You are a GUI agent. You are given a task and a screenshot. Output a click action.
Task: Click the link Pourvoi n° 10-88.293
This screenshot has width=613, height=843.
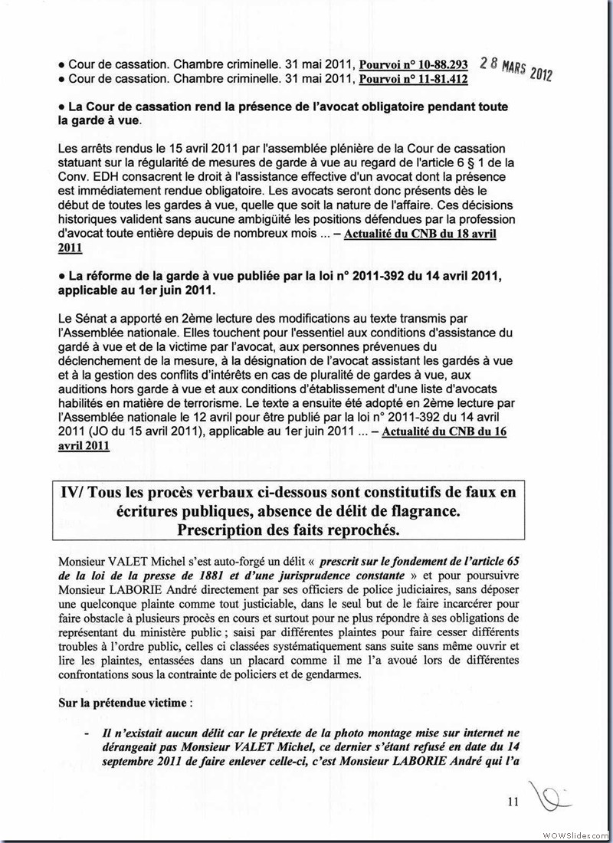(414, 64)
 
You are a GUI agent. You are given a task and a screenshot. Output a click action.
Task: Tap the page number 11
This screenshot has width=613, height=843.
(513, 802)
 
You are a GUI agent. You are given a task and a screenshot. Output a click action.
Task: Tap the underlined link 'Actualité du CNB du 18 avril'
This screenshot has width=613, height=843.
(420, 235)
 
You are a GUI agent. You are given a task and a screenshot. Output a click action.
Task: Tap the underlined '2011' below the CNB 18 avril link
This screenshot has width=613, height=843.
(70, 248)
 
